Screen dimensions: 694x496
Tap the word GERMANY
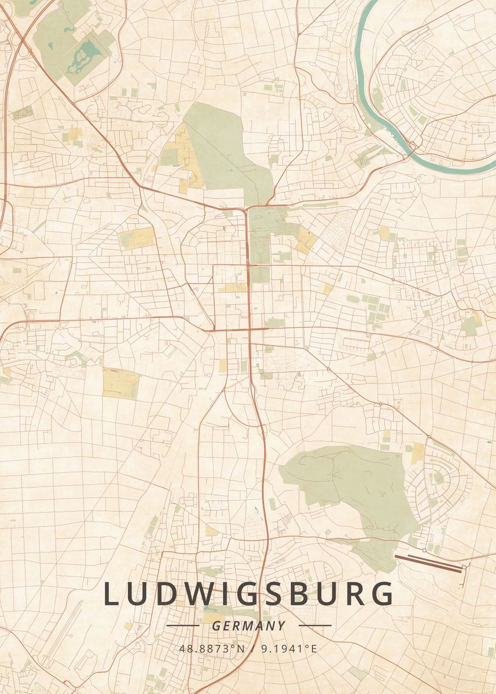pyautogui.click(x=249, y=626)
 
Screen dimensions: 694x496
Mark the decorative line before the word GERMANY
pyautogui.click(x=182, y=626)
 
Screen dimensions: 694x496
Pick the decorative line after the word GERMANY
pyautogui.click(x=315, y=626)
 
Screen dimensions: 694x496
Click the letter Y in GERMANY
pyautogui.click(x=281, y=626)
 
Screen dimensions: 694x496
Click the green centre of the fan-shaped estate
pyautogui.click(x=439, y=478)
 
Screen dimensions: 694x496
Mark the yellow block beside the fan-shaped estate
pyautogui.click(x=417, y=453)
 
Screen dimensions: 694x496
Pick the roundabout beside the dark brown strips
pyautogui.click(x=424, y=550)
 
